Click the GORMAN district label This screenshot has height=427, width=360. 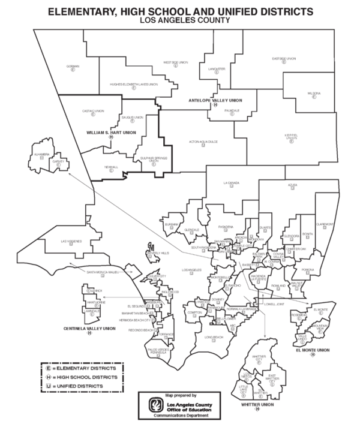pyautogui.click(x=73, y=65)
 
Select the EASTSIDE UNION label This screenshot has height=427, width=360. pyautogui.click(x=284, y=59)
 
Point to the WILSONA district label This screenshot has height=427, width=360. pyautogui.click(x=313, y=94)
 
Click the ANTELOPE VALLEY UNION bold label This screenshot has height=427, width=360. pyautogui.click(x=214, y=100)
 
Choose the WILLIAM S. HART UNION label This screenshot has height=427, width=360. pyautogui.click(x=111, y=132)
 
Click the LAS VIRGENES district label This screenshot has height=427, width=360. pyautogui.click(x=71, y=241)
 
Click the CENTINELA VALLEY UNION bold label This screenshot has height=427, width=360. pyautogui.click(x=89, y=329)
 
